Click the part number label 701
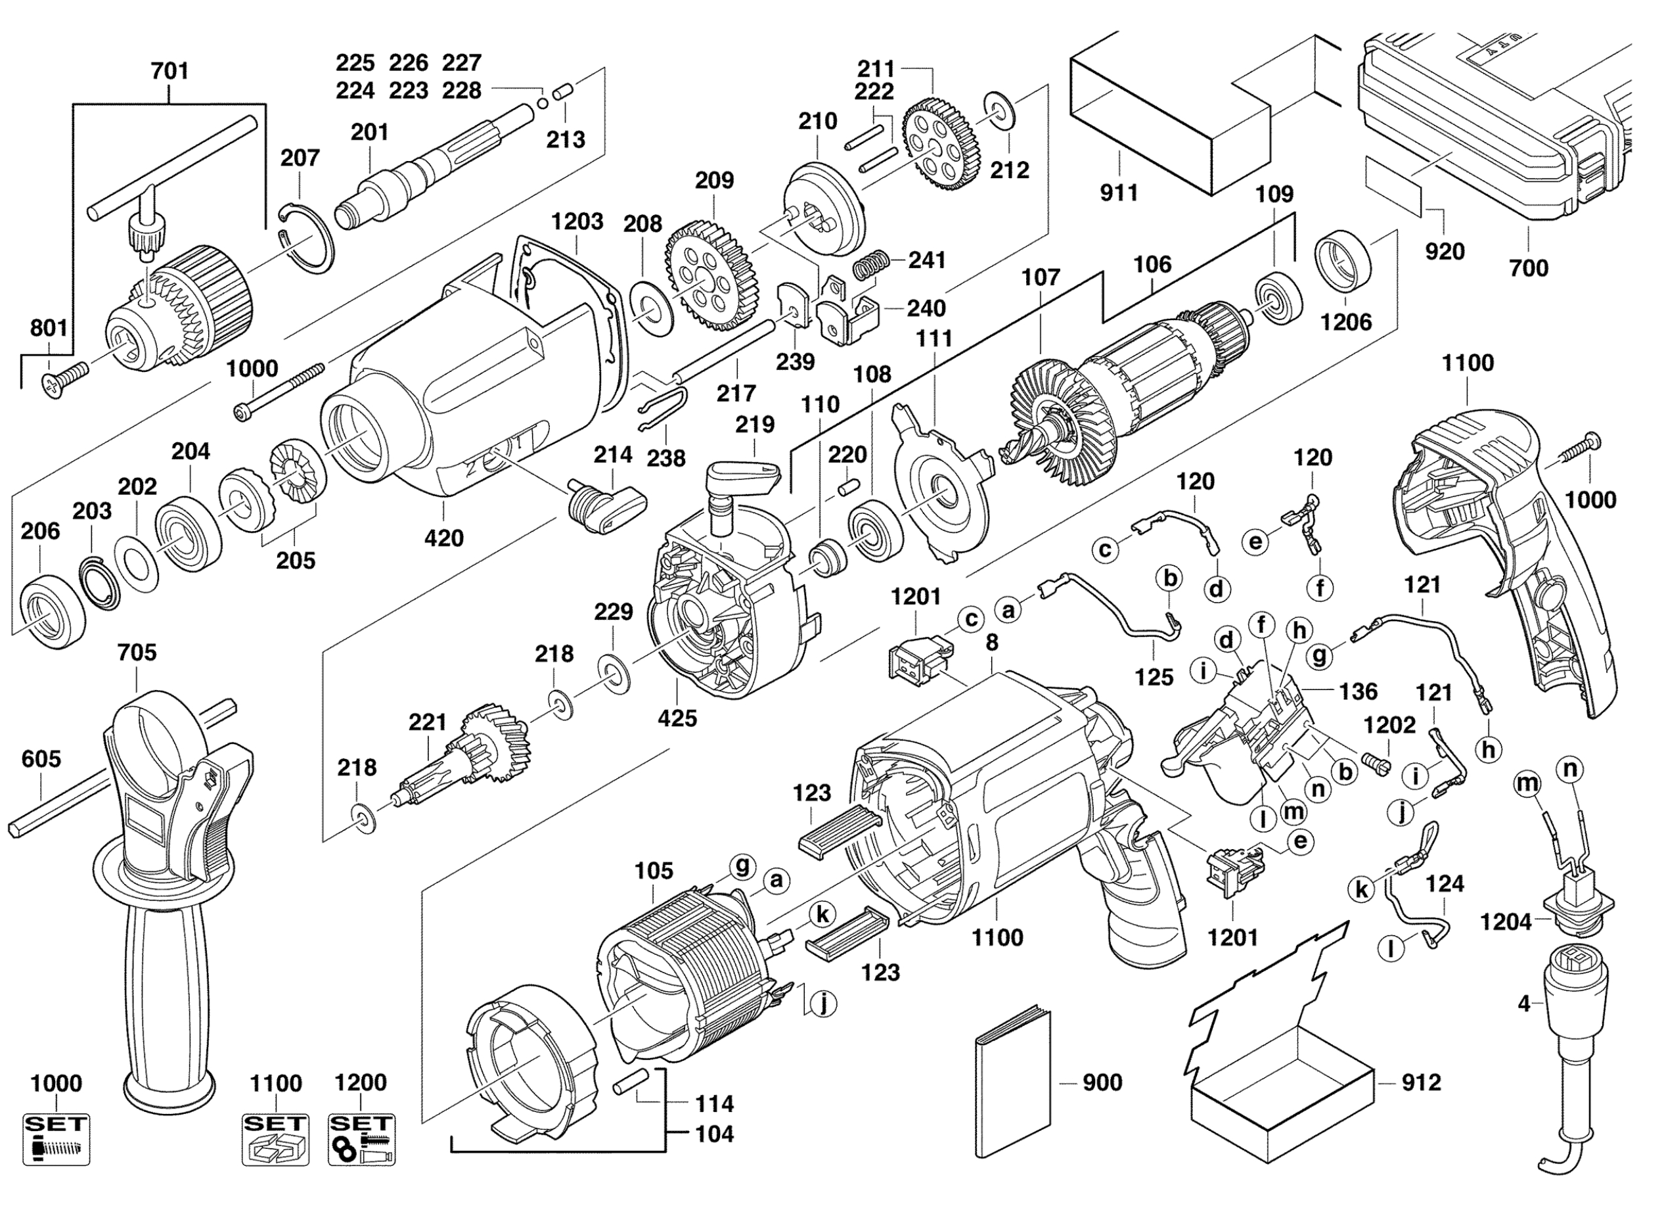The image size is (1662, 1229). (x=169, y=72)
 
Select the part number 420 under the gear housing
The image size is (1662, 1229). (x=444, y=538)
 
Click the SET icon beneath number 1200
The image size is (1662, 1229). (x=362, y=1139)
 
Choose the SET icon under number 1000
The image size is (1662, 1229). (x=56, y=1139)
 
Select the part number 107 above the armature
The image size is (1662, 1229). (x=1041, y=277)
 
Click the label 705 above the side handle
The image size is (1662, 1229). (x=137, y=653)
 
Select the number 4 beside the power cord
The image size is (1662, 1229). (x=1523, y=1004)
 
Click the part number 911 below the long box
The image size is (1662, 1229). (x=1119, y=193)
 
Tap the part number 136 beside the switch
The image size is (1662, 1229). (x=1359, y=691)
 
